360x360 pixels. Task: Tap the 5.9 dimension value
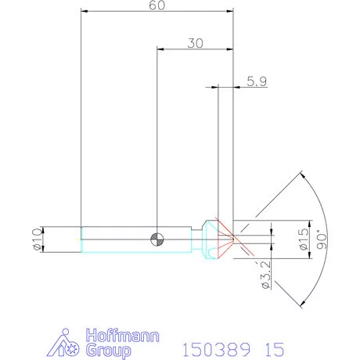point(256,80)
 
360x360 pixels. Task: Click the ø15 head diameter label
point(304,238)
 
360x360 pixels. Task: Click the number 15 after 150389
point(265,347)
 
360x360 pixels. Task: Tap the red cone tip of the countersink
point(232,239)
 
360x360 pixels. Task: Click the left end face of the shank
point(81,239)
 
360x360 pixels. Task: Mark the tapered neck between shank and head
point(196,239)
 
